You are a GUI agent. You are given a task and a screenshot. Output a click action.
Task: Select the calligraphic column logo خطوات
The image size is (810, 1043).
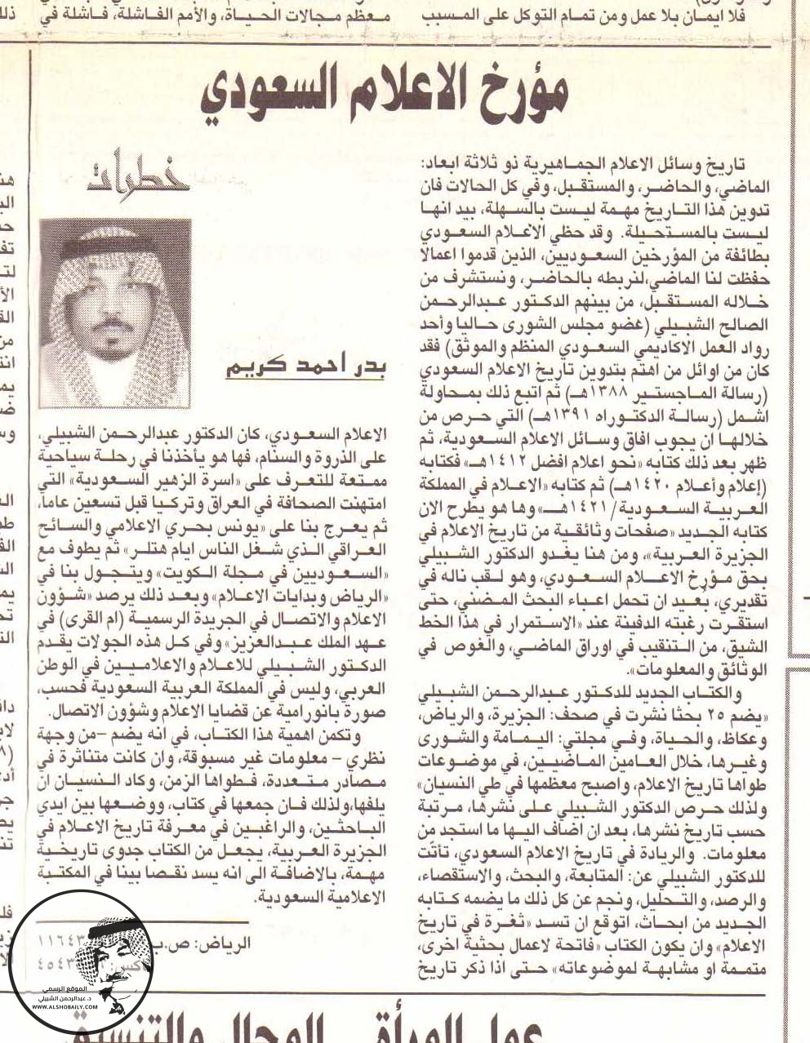(x=131, y=172)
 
